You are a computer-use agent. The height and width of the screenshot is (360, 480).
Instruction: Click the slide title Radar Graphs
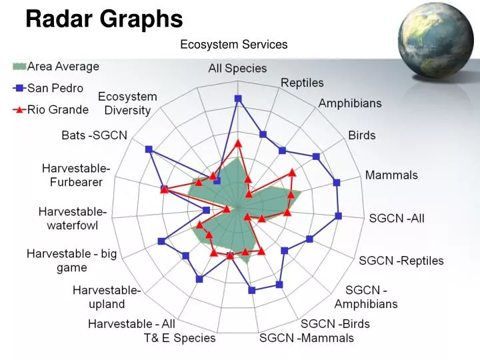(x=104, y=19)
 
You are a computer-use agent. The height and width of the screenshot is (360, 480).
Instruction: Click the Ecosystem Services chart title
(x=234, y=45)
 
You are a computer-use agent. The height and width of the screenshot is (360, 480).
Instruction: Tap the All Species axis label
(x=237, y=68)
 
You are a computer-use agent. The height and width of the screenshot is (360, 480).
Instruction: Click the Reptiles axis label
(x=302, y=83)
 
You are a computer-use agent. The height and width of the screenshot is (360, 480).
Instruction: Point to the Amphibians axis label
(x=350, y=103)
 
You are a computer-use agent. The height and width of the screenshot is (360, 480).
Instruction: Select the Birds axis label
(x=362, y=135)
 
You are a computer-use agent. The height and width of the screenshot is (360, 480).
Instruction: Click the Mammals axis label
(x=391, y=175)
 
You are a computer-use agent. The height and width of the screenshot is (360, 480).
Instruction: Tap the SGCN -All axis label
(x=397, y=218)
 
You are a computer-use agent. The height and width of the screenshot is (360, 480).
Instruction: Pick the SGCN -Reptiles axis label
(x=401, y=261)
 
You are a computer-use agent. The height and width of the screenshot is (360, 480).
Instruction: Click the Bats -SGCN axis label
(x=94, y=135)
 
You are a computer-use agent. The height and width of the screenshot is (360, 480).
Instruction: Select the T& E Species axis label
(x=180, y=338)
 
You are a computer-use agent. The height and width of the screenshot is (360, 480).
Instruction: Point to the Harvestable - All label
(x=131, y=323)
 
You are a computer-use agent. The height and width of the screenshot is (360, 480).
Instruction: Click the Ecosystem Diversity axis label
(x=127, y=103)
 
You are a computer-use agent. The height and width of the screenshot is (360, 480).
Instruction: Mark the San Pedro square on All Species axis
(x=238, y=99)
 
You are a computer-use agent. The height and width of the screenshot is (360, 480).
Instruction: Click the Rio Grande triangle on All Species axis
(x=238, y=143)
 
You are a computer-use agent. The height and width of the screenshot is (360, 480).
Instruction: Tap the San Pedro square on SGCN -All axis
(x=339, y=215)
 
